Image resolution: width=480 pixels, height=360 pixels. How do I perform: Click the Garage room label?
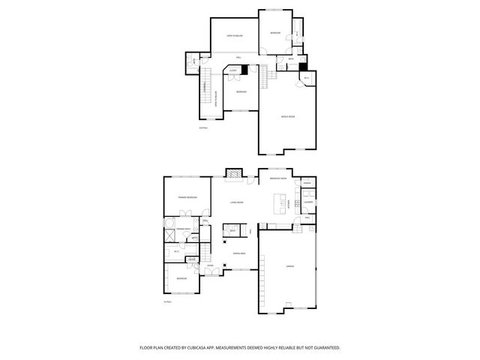(289, 266)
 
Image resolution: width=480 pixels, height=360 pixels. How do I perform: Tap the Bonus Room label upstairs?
(287, 117)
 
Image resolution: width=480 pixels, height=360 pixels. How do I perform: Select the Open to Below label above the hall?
(238, 37)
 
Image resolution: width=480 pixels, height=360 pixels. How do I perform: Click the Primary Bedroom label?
(187, 196)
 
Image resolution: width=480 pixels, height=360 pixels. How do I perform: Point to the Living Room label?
(238, 202)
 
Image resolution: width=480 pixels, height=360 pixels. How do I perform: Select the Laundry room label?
(308, 202)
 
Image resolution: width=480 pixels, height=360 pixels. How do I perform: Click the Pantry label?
(307, 183)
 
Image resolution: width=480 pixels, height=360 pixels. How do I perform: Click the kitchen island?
(283, 204)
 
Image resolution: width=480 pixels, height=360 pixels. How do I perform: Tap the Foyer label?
(211, 265)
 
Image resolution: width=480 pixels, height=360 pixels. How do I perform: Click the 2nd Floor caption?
(202, 128)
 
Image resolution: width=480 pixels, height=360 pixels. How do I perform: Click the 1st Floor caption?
(167, 301)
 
